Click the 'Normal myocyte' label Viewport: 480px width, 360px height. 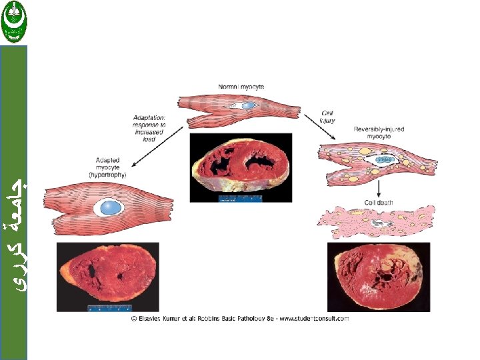click(241, 87)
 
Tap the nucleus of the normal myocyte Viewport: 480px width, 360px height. click(247, 105)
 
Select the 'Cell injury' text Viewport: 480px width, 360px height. click(328, 117)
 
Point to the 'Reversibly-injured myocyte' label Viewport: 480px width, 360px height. click(379, 133)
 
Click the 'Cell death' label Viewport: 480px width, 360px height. click(378, 202)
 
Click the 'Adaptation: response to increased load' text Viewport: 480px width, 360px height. click(149, 127)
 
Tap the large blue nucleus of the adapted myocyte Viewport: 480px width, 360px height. click(108, 207)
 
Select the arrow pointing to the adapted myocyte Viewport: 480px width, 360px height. click(151, 150)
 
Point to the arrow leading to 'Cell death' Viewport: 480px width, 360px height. click(379, 189)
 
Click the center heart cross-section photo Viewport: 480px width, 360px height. click(241, 167)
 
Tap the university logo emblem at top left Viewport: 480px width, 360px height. click(13, 21)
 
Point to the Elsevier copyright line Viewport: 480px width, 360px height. click(239, 319)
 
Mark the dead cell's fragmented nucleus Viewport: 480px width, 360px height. click(381, 224)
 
